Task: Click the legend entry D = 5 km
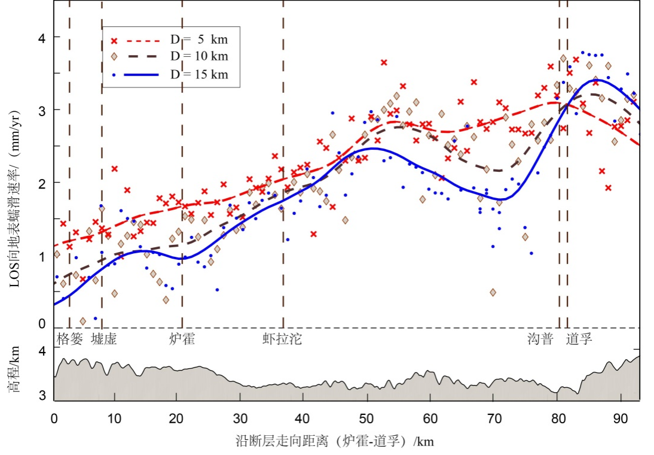pyautogui.click(x=198, y=40)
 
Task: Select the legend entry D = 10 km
pyautogui.click(x=198, y=56)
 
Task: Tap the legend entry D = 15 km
pyautogui.click(x=198, y=74)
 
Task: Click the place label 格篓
pyautogui.click(x=69, y=339)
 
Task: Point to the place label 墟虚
pyautogui.click(x=103, y=339)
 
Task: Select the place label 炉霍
pyautogui.click(x=182, y=339)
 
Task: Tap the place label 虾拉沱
pyautogui.click(x=282, y=339)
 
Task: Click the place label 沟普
pyautogui.click(x=540, y=339)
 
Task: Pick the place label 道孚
pyautogui.click(x=579, y=339)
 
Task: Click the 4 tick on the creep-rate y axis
pyautogui.click(x=42, y=37)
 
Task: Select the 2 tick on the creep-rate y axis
pyautogui.click(x=42, y=183)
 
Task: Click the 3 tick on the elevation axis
pyautogui.click(x=42, y=396)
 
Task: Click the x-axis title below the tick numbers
pyautogui.click(x=335, y=442)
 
